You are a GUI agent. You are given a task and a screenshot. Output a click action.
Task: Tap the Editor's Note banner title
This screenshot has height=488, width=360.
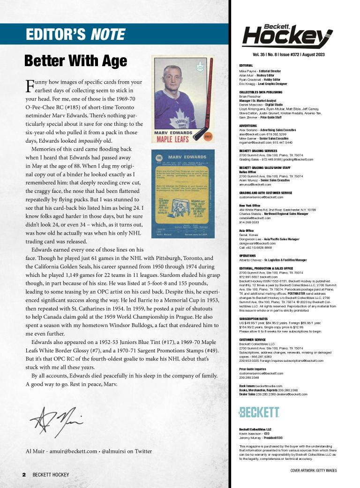point(75,34)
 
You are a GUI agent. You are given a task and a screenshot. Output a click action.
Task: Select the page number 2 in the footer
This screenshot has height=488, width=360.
point(24,475)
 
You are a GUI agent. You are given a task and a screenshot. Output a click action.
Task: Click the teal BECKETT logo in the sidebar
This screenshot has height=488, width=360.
point(259,412)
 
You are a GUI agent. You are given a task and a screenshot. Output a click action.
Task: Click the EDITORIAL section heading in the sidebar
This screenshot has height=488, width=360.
point(246,65)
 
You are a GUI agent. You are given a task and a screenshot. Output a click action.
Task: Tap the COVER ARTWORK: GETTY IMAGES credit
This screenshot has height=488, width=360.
point(313,470)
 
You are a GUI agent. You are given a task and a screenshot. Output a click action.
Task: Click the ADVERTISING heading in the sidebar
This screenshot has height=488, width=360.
point(248,126)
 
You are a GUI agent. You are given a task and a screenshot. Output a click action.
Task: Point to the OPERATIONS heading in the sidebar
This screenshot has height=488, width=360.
point(248,256)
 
